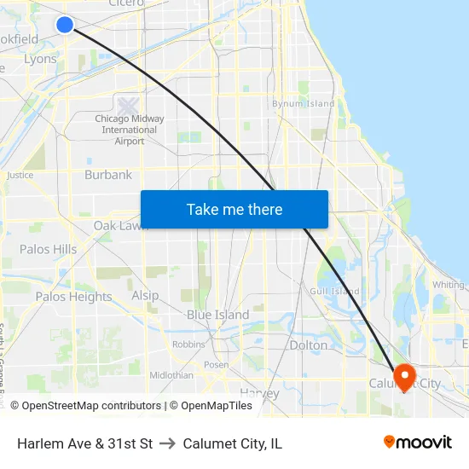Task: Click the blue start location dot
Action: point(65,24)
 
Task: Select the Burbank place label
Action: point(108,175)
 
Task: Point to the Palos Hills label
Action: point(48,249)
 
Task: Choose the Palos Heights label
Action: point(73,297)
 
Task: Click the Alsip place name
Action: point(145,295)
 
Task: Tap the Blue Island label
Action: point(218,315)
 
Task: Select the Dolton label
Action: point(308,345)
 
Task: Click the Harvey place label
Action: point(259,393)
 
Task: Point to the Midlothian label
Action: point(171,375)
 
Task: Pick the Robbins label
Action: point(188,345)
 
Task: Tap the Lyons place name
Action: point(40,59)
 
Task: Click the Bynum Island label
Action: point(303,104)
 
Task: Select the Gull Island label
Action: point(335,291)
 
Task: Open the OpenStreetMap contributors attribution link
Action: point(90,406)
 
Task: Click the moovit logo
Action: point(418,442)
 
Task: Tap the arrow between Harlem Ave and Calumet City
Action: point(167,443)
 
